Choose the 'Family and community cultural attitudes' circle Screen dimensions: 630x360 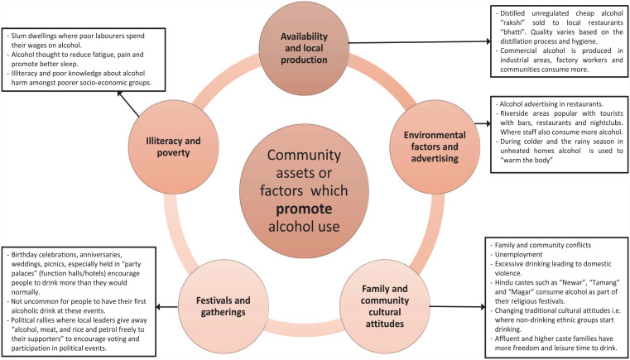pos(386,306)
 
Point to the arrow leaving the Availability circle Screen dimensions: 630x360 pos(421,41)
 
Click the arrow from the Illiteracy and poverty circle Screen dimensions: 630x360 pos(128,104)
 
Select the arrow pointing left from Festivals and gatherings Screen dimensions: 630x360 pos(167,308)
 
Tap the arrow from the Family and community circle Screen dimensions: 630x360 pos(457,307)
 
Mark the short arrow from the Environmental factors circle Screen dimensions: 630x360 pos(483,124)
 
